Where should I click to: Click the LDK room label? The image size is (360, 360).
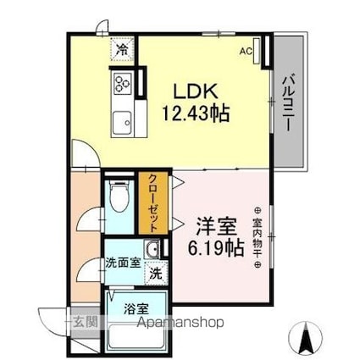(197, 91)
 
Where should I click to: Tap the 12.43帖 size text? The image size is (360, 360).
(196, 113)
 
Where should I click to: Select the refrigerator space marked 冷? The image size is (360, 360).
(122, 49)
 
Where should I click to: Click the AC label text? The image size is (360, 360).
(246, 51)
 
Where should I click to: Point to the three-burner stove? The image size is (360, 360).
(123, 82)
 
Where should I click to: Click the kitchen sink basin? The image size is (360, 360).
(122, 123)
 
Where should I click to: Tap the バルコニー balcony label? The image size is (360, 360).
(289, 102)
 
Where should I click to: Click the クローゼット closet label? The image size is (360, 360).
(152, 203)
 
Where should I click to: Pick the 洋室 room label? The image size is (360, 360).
(216, 226)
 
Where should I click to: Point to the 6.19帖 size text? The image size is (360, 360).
(216, 247)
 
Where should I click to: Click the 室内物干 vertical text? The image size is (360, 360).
(258, 237)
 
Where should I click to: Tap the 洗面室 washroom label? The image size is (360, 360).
(123, 263)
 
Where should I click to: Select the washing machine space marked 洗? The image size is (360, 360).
(156, 274)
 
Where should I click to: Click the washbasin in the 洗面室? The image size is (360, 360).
(152, 249)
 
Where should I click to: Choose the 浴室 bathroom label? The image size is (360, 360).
(136, 309)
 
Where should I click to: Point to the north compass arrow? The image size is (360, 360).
(306, 337)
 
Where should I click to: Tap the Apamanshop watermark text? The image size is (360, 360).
(180, 323)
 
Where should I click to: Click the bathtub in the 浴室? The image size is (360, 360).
(136, 338)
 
